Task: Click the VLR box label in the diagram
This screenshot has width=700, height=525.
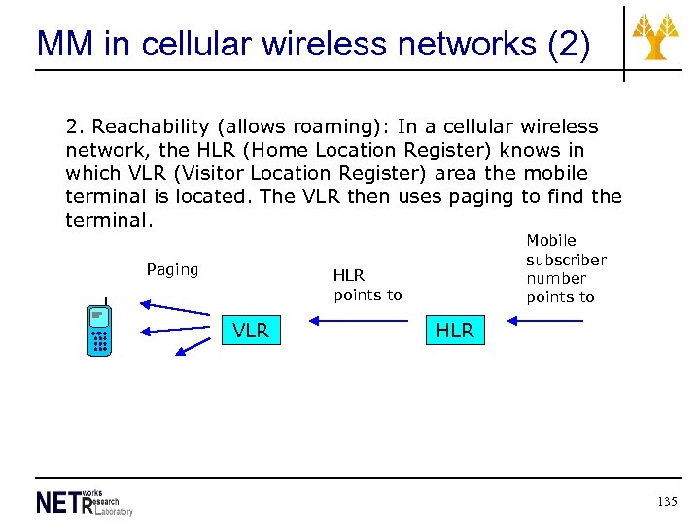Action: click(251, 331)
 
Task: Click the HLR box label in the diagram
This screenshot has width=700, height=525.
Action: click(454, 331)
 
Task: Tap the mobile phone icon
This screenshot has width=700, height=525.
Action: click(98, 331)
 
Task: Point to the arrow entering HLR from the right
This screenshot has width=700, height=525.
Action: click(544, 319)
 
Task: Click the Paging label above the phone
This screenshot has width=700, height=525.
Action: click(172, 269)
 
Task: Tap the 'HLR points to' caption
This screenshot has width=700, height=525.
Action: click(367, 285)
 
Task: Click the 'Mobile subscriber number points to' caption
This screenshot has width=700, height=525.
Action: click(566, 268)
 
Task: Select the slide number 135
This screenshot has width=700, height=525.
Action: click(666, 502)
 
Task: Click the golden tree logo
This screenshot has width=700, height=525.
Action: click(656, 37)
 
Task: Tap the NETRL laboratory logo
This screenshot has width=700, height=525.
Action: click(84, 502)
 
